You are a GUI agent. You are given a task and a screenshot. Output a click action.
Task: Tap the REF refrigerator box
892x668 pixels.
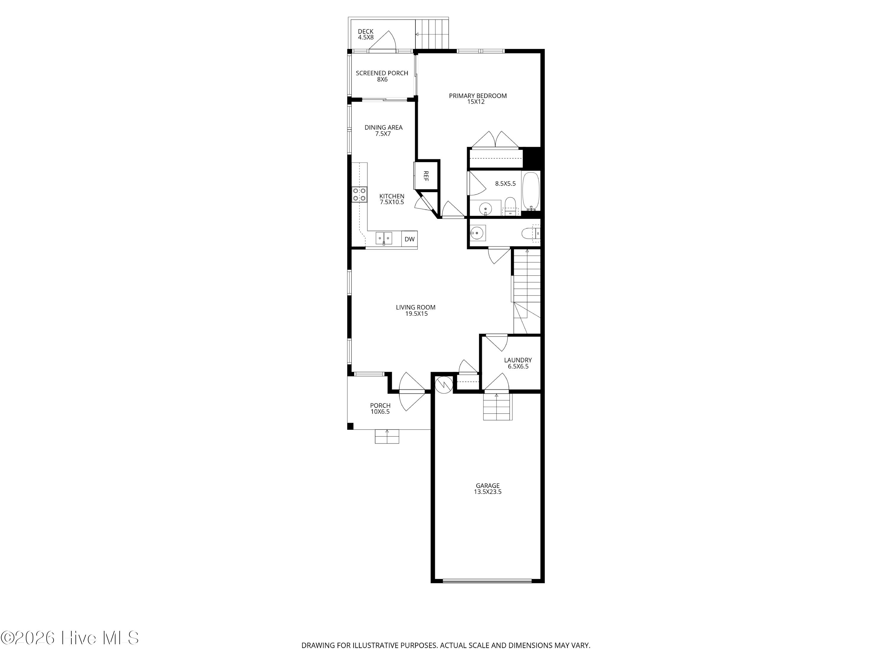click(x=426, y=176)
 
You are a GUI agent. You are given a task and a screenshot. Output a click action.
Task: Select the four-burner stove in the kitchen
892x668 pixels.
click(x=359, y=195)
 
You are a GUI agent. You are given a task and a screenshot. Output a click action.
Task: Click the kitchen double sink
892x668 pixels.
click(x=384, y=239)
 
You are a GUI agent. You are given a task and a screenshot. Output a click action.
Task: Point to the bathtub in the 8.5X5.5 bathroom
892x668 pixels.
click(x=531, y=191)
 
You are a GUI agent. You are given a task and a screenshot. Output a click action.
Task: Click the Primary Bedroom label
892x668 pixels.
click(x=478, y=99)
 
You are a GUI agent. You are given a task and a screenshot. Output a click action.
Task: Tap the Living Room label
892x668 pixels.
click(x=416, y=310)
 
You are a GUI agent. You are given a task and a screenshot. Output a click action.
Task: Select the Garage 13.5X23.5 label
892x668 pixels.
click(x=488, y=489)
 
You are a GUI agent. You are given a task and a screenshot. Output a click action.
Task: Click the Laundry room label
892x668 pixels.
click(x=518, y=363)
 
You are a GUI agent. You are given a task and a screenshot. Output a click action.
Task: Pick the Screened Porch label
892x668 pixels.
click(x=382, y=76)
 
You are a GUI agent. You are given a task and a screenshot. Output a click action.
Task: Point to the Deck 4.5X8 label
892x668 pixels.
click(x=366, y=34)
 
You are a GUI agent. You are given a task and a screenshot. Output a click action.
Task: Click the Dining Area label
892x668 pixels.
click(x=384, y=130)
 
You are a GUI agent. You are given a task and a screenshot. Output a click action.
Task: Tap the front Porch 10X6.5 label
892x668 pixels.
click(x=380, y=408)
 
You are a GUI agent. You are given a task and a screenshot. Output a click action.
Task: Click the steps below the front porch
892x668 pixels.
click(x=387, y=437)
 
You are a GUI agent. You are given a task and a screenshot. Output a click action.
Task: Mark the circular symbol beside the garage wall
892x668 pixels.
click(x=444, y=385)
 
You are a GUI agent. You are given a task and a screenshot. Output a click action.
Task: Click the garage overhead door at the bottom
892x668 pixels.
click(x=487, y=581)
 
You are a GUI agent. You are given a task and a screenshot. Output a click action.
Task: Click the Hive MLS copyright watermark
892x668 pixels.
click(x=70, y=638)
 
